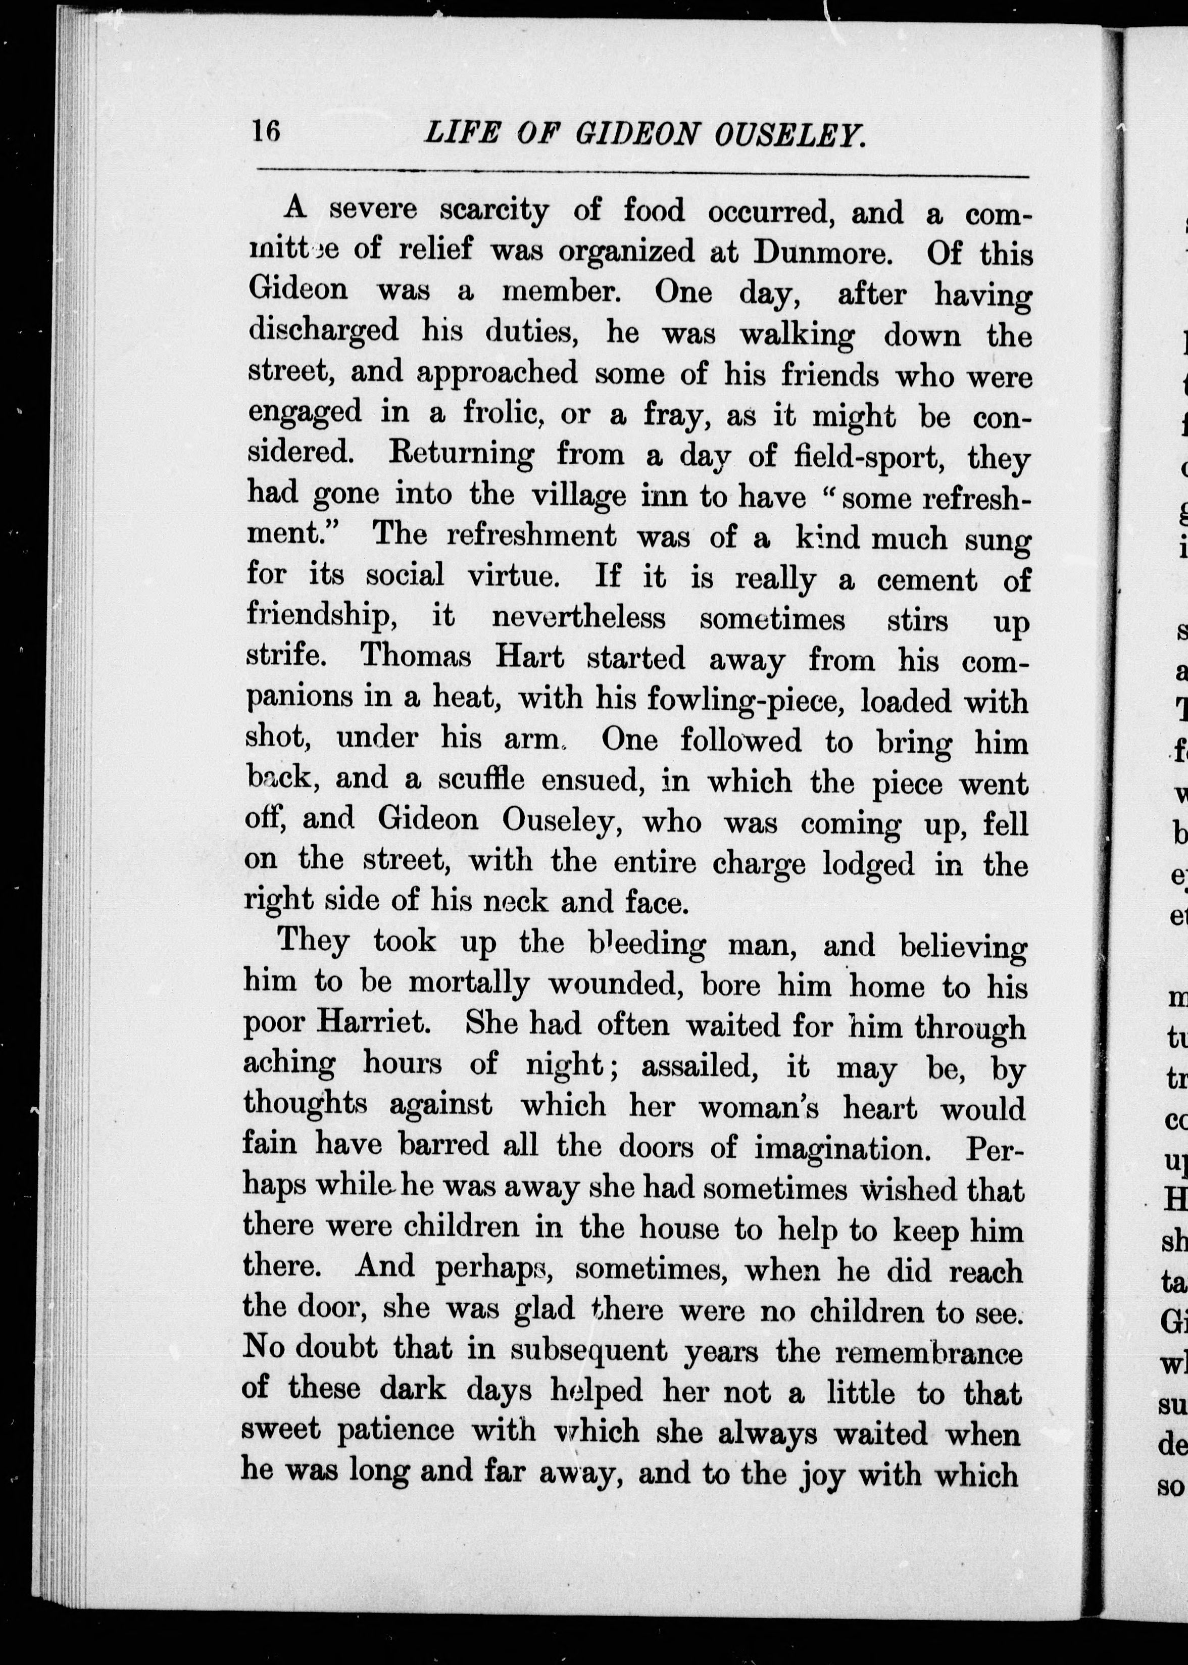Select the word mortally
(x=468, y=985)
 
